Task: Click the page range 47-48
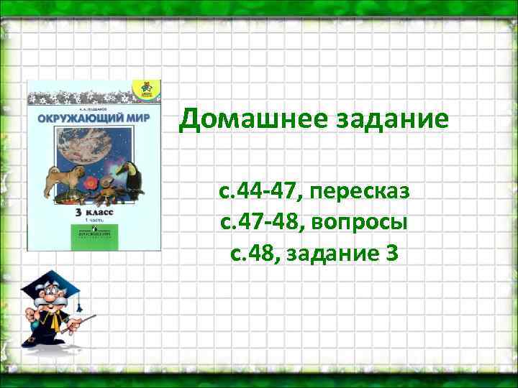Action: tap(268, 223)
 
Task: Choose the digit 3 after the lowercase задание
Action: tap(391, 253)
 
